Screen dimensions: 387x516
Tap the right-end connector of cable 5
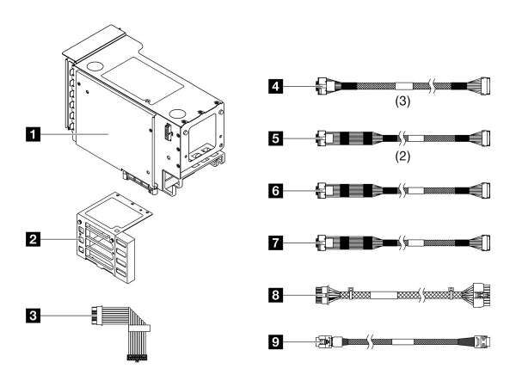click(486, 137)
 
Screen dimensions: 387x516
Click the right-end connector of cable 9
click(482, 341)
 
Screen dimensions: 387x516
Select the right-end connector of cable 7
click(486, 242)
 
